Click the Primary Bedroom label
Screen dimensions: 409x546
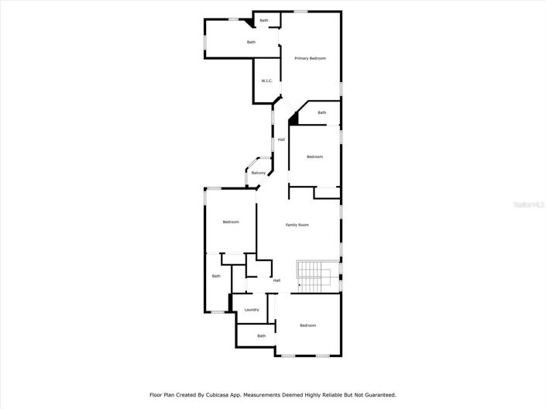(310, 58)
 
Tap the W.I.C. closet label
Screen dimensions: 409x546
(266, 81)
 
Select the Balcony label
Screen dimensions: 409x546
(259, 173)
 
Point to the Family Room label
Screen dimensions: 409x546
(297, 225)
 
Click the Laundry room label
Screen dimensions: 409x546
(252, 310)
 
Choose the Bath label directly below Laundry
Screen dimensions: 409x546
(262, 335)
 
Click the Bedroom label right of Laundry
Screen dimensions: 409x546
(308, 325)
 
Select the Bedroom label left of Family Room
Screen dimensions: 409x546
(231, 222)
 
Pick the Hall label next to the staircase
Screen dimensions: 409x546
(276, 280)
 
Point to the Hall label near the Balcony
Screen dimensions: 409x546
(281, 139)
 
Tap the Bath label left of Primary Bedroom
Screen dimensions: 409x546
(251, 42)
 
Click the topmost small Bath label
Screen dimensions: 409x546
(264, 20)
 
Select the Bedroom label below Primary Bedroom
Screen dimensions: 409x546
(314, 157)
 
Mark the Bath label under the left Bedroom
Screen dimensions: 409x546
(216, 276)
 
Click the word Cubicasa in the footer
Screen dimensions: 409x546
(220, 394)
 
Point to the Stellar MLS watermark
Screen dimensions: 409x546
(531, 204)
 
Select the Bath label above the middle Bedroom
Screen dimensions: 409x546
(321, 112)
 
